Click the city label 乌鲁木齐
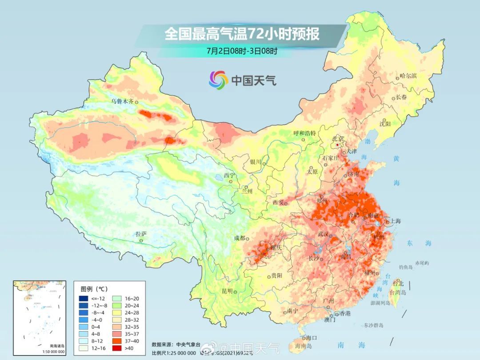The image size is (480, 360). [x=122, y=101]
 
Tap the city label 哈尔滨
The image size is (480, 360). [x=408, y=76]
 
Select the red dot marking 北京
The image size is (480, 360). [x=338, y=145]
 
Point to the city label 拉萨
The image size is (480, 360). [x=141, y=234]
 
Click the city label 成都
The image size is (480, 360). [x=240, y=238]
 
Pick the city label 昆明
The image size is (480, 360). [x=227, y=291]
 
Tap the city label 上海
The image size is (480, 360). [x=395, y=221]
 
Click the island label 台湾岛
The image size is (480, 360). [x=398, y=292]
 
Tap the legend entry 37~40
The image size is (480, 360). [x=127, y=340]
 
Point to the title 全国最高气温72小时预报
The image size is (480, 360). [x=242, y=34]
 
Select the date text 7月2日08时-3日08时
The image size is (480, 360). [x=242, y=51]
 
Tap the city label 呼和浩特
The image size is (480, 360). [x=305, y=133]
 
